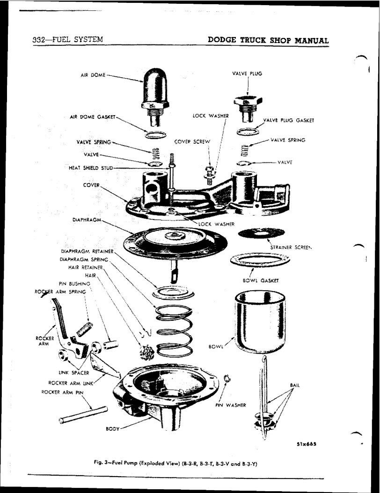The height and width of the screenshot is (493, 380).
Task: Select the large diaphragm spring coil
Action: pyautogui.click(x=174, y=328)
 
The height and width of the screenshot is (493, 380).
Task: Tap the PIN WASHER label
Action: pyautogui.click(x=230, y=405)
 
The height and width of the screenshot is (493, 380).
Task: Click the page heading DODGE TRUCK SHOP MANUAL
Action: pyautogui.click(x=268, y=40)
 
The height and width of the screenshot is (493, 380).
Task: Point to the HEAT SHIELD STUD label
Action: pyautogui.click(x=90, y=168)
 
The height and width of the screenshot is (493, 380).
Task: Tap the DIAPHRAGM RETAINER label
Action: pyautogui.click(x=87, y=251)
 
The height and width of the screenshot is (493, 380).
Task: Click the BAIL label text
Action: pyautogui.click(x=295, y=385)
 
